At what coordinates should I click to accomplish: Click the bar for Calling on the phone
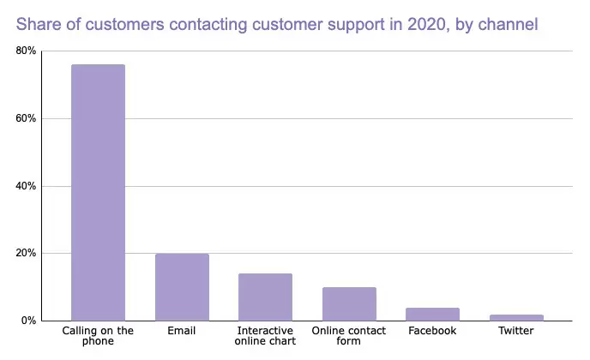(98, 193)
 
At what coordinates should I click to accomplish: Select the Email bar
(182, 287)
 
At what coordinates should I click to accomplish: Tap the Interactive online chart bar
(265, 297)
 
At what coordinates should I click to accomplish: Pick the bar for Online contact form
(349, 304)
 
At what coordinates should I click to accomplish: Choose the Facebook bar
(432, 315)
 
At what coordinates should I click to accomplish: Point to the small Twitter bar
(516, 317)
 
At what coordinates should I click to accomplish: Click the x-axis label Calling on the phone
(98, 336)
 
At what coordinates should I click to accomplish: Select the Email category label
(182, 331)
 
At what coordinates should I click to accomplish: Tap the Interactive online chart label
(265, 336)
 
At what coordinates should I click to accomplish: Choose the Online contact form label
(349, 336)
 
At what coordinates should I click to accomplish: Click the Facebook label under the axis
(432, 331)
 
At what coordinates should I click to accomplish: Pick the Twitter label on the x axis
(516, 331)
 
